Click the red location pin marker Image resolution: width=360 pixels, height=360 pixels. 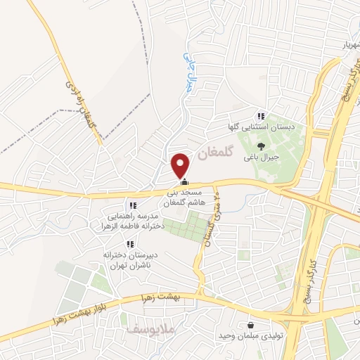point(181,165)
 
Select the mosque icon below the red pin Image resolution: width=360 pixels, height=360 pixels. point(185,182)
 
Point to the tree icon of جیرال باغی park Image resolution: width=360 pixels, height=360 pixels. point(261,147)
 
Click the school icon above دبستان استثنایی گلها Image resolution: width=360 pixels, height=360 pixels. point(260,116)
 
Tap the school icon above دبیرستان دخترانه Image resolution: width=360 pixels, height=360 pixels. point(129,244)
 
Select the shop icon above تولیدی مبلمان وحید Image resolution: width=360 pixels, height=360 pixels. point(251,325)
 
